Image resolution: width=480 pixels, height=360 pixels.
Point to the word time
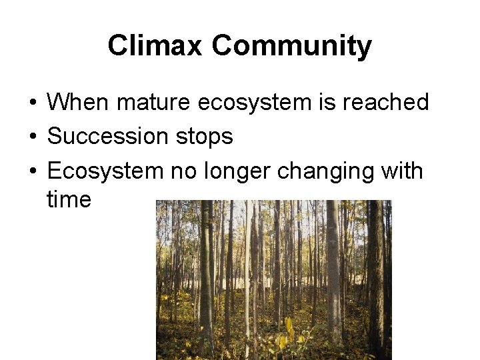click(x=69, y=199)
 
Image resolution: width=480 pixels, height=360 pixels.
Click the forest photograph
click(x=273, y=280)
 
